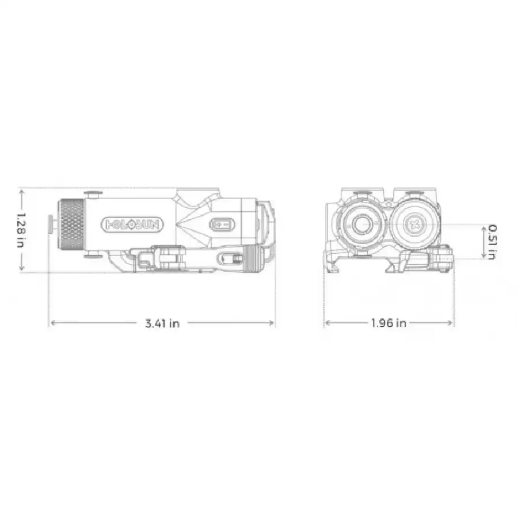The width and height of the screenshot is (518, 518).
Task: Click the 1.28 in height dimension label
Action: [x=21, y=230]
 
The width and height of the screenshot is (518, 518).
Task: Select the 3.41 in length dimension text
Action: [x=162, y=323]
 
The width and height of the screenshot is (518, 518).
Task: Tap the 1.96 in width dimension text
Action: [x=389, y=323]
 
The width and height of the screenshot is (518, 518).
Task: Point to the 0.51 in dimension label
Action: [x=493, y=242]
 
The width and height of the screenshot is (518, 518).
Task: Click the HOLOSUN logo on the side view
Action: [x=132, y=224]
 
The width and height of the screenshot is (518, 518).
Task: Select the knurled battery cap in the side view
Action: [x=72, y=224]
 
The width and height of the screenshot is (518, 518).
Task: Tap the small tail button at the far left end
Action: [x=51, y=224]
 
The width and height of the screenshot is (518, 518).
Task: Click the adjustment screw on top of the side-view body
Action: [x=93, y=195]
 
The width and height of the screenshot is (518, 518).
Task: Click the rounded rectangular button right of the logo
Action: [x=222, y=224]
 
